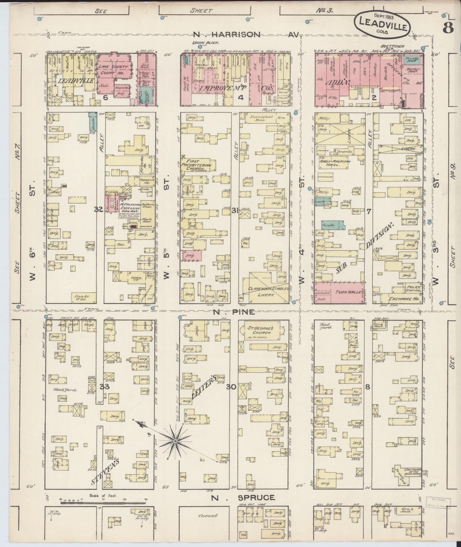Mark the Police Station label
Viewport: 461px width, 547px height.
[414, 289]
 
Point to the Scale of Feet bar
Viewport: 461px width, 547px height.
[103, 501]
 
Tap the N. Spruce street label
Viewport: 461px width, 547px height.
[243, 498]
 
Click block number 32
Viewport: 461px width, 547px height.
[99, 210]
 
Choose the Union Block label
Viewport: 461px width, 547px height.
[205, 43]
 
